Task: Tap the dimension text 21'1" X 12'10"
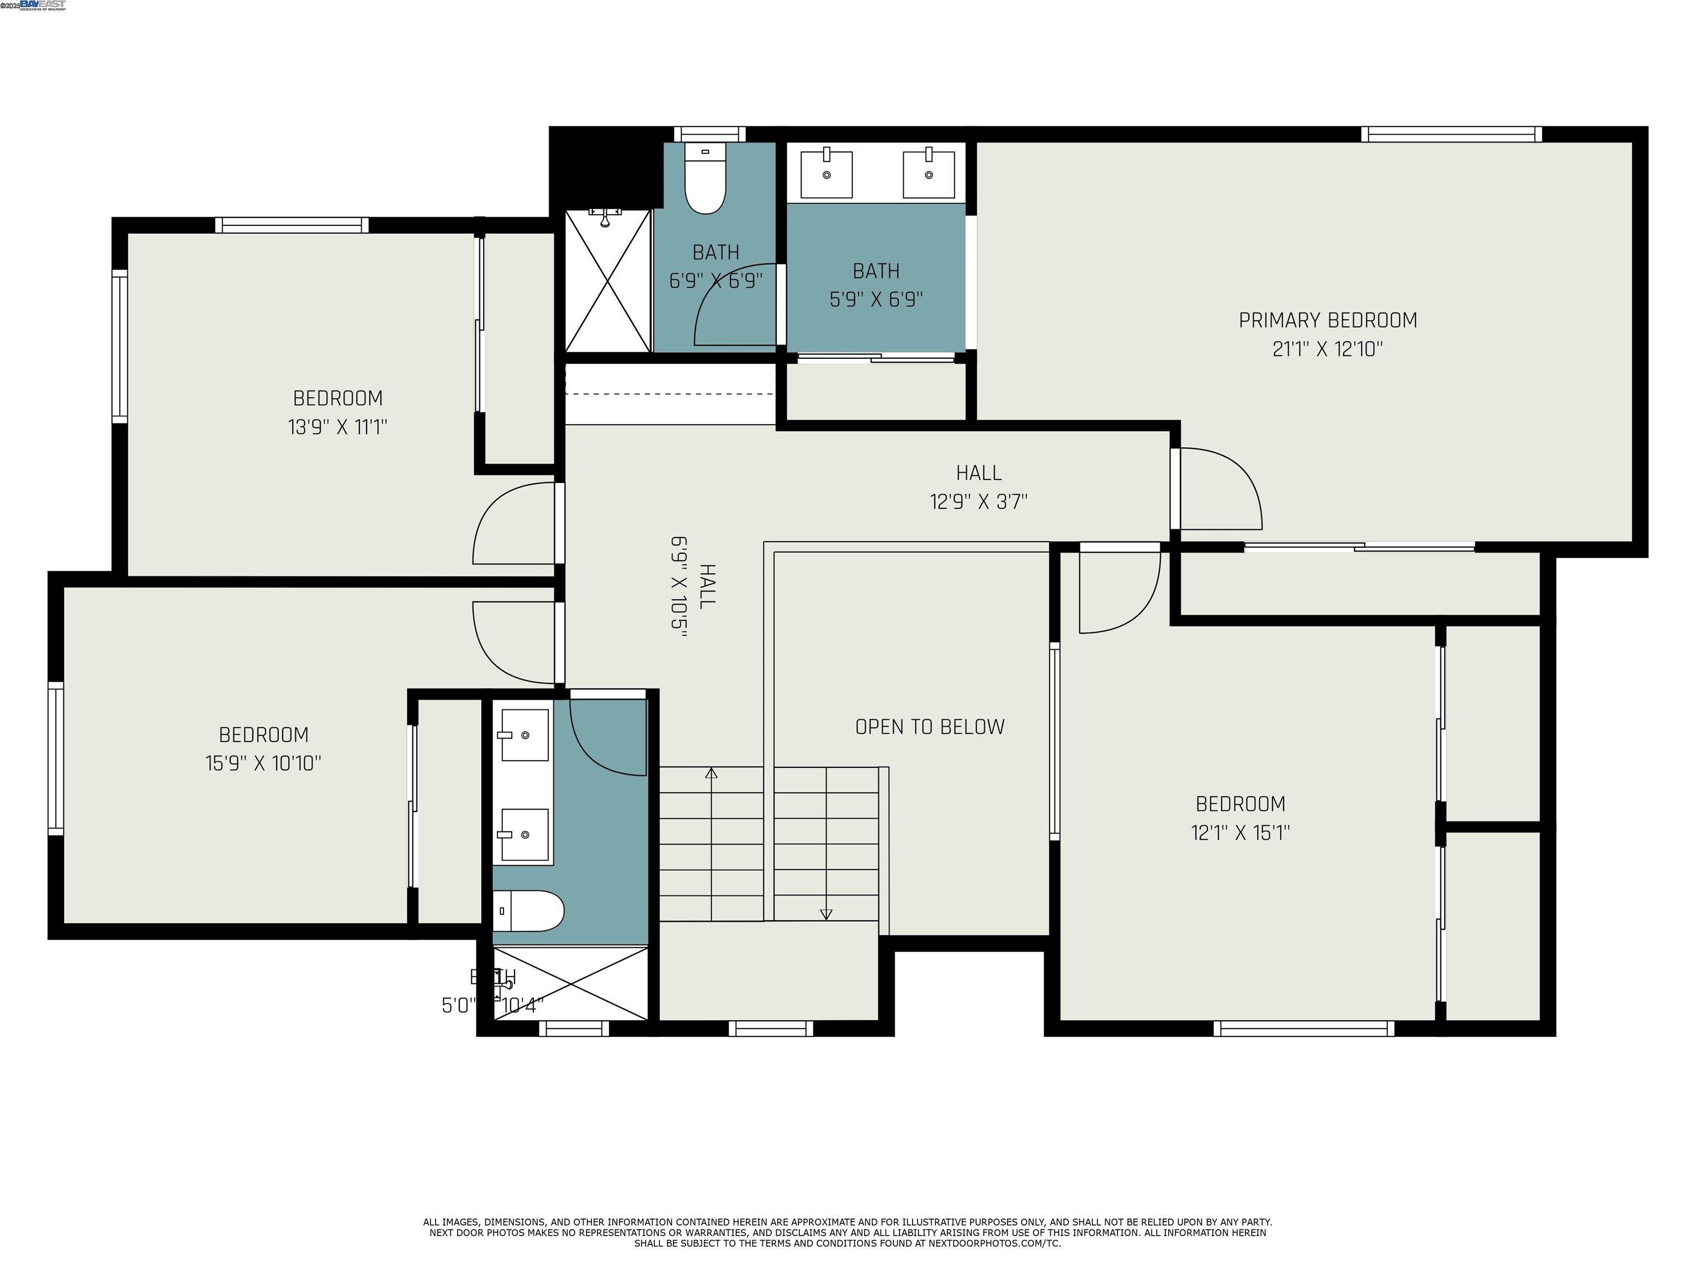point(1327,349)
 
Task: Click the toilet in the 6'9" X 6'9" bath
point(704,179)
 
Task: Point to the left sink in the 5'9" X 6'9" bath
point(826,174)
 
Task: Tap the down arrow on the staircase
point(826,914)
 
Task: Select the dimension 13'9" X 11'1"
point(337,427)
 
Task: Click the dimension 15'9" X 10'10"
point(263,763)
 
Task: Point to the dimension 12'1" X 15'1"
point(1240,833)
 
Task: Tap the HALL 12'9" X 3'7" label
point(978,487)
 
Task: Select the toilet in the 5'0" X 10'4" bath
point(529,911)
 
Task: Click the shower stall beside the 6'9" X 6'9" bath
point(607,280)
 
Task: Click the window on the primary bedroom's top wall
point(1451,134)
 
